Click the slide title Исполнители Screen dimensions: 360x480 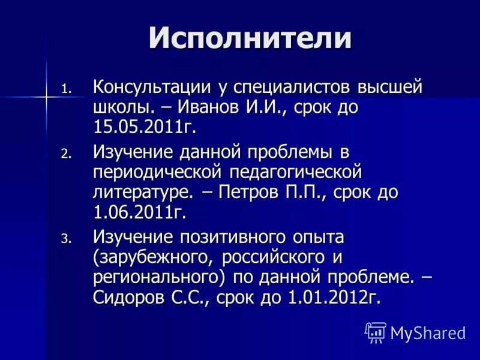250,38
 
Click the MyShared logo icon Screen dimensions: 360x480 376,332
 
